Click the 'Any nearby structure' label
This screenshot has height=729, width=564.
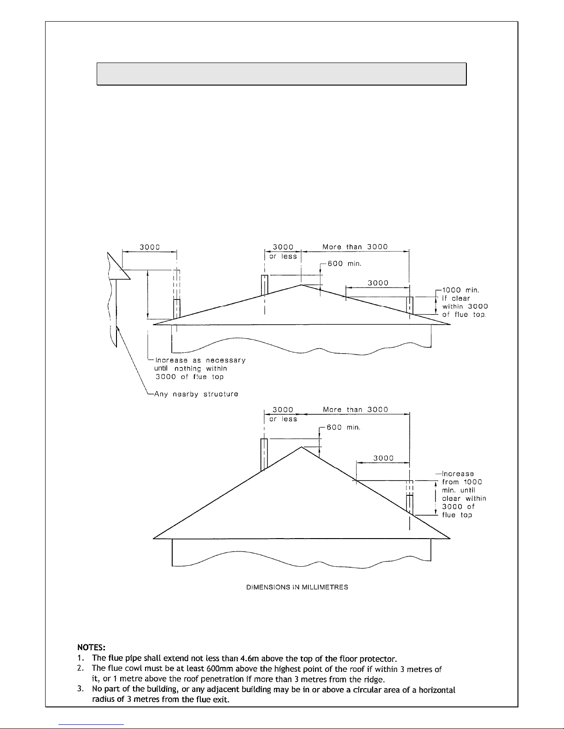pyautogui.click(x=196, y=394)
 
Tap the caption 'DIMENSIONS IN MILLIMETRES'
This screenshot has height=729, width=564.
pyautogui.click(x=297, y=587)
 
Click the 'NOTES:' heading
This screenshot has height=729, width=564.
pyautogui.click(x=91, y=647)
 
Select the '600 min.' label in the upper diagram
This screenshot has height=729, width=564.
pyautogui.click(x=344, y=264)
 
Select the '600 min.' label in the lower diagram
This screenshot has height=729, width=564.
pyautogui.click(x=343, y=427)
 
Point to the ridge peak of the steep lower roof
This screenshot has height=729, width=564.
pyautogui.click(x=302, y=447)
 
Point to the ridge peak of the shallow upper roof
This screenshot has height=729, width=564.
pyautogui.click(x=301, y=285)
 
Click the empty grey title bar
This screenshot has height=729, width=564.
pyautogui.click(x=282, y=74)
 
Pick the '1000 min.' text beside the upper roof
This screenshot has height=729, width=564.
pyautogui.click(x=460, y=290)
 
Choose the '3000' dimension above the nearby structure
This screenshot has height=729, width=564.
pyautogui.click(x=150, y=247)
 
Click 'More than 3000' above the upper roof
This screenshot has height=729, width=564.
pyautogui.click(x=355, y=247)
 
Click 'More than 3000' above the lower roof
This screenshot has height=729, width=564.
pyautogui.click(x=355, y=410)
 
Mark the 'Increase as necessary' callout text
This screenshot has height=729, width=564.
pyautogui.click(x=200, y=360)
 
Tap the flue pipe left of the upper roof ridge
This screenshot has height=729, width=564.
pyautogui.click(x=265, y=285)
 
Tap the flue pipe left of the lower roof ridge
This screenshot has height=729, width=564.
pyautogui.click(x=264, y=454)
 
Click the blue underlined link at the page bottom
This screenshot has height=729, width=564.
pyautogui.click(x=91, y=725)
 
